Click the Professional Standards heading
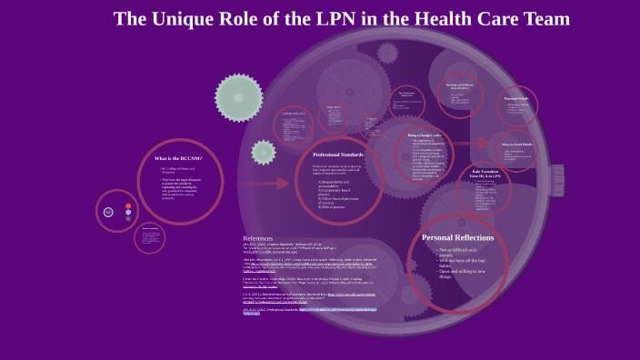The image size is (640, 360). pos(338,155)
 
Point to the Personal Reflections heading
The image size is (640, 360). pos(458,237)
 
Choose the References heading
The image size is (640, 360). pos(258,238)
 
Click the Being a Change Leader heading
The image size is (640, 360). pos(424,135)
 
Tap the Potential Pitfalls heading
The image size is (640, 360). pos(517,98)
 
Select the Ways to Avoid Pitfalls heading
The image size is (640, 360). pos(518,144)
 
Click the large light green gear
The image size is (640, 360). pos(238,97)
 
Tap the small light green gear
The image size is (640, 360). pos(264,152)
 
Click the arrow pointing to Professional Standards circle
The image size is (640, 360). pos(270,182)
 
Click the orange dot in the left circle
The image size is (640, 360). pos(128,206)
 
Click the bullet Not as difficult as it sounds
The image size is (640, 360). pos(463,253)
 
